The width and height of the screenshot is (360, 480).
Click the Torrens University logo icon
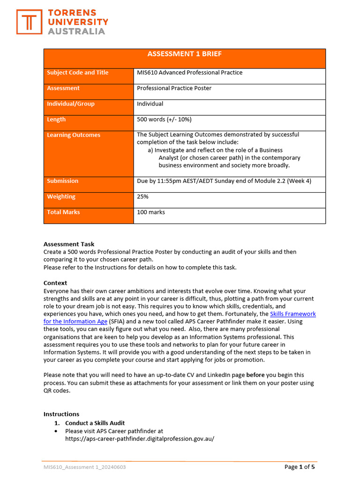(x=30, y=22)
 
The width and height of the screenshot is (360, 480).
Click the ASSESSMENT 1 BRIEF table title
(x=185, y=54)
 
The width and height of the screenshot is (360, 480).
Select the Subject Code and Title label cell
(x=78, y=73)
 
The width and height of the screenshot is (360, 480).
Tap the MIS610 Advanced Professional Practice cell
(x=189, y=73)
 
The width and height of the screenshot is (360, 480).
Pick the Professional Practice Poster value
(x=174, y=88)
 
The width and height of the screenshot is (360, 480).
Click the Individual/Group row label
(x=71, y=104)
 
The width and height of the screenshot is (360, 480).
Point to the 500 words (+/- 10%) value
(x=164, y=120)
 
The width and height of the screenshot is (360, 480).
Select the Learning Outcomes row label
(x=74, y=135)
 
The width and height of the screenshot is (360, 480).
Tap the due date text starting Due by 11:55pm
(x=224, y=181)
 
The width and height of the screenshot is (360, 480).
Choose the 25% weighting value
(x=142, y=197)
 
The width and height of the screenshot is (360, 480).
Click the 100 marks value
(x=150, y=212)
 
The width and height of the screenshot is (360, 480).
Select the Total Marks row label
(x=63, y=212)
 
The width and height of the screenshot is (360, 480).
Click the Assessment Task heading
(x=69, y=244)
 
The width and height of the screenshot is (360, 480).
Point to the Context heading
(x=55, y=283)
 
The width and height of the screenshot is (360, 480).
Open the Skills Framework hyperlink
(x=293, y=314)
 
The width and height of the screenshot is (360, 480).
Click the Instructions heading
(x=61, y=414)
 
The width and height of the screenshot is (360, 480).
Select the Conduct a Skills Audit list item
(x=95, y=423)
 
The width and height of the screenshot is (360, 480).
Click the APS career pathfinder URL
(x=139, y=439)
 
